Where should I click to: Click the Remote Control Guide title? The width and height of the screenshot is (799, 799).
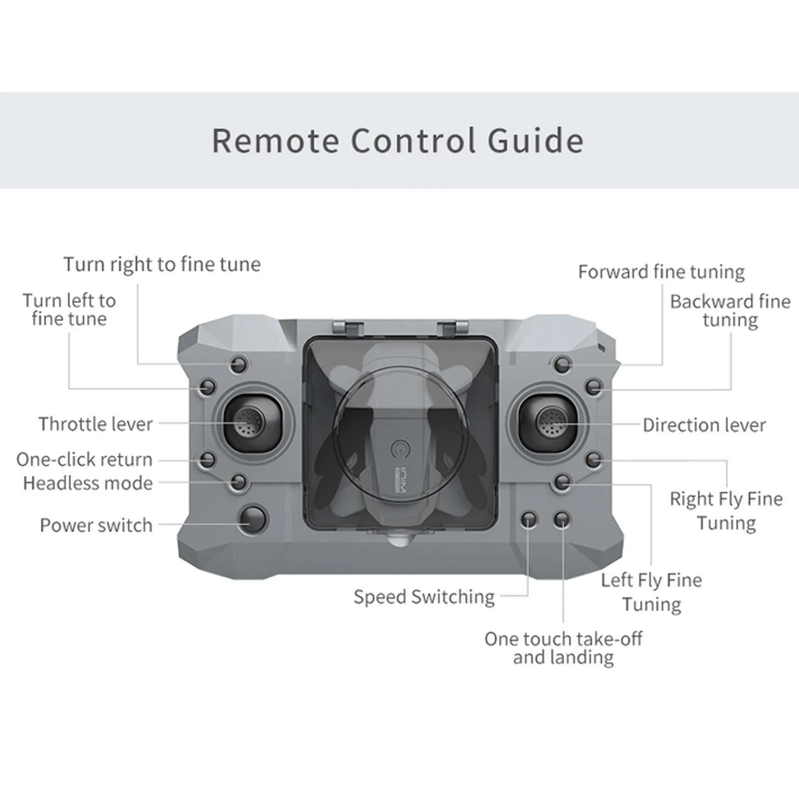[398, 141]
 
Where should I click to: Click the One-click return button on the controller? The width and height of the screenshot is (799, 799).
[207, 459]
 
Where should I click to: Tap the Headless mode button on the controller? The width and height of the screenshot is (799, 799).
[239, 482]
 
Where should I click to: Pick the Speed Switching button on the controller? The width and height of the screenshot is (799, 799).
[529, 520]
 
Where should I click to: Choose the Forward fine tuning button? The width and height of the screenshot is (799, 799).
[563, 365]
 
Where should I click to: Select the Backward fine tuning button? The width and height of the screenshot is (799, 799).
[594, 387]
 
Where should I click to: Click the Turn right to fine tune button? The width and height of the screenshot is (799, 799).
[239, 365]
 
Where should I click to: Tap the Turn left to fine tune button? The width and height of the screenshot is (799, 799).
[207, 387]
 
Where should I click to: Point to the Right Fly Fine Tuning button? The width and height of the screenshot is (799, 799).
[594, 459]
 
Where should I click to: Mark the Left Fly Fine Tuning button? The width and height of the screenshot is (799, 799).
[563, 482]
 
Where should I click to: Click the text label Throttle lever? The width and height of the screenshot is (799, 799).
[95, 424]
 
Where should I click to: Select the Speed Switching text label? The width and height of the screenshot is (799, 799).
[424, 597]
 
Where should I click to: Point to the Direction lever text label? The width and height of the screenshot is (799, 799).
[704, 425]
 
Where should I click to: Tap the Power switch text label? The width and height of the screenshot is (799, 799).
[96, 525]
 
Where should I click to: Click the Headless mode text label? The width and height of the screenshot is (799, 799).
[88, 483]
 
